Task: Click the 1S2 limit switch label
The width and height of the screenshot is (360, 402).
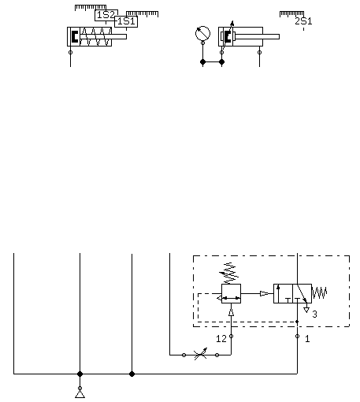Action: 106,15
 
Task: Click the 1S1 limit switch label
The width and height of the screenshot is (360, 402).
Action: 126,21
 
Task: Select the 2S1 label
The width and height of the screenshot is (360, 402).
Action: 303,21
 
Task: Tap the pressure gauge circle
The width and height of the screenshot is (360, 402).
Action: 202,34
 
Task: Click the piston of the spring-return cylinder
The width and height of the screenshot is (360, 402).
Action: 75,36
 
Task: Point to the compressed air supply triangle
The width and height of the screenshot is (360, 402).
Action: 80,394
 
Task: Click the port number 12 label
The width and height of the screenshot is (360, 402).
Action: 221,339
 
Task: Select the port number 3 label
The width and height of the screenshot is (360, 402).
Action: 314,314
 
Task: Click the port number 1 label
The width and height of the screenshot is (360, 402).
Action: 307,339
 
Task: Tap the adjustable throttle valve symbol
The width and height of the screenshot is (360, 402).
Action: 200,355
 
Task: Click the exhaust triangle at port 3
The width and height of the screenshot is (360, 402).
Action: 306,310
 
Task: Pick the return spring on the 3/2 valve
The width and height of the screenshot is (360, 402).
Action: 319,293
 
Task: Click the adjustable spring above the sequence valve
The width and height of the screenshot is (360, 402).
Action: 229,274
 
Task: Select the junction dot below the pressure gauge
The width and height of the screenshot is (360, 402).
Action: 202,62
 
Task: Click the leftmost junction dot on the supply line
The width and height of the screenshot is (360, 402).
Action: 80,374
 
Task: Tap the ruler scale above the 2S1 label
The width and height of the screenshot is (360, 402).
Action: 291,14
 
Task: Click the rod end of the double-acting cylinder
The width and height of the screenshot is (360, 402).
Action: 279,37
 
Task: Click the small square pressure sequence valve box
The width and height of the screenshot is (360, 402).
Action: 231,293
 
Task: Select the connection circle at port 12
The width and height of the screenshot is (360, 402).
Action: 231,336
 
